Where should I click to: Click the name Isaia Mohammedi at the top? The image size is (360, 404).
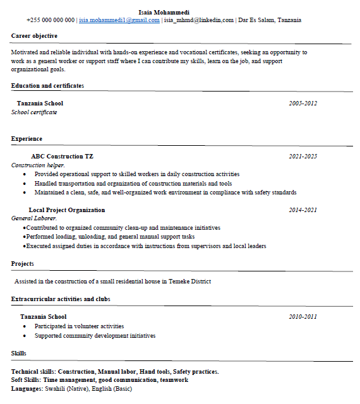(164, 12)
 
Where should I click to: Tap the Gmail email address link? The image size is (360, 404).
(119, 20)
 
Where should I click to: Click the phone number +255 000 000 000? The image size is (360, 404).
(51, 20)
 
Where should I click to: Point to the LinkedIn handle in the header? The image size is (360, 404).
(198, 20)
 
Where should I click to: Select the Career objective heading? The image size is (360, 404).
(34, 36)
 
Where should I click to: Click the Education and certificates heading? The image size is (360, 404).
(47, 85)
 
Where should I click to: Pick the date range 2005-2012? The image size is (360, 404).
(303, 103)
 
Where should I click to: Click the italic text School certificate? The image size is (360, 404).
(34, 112)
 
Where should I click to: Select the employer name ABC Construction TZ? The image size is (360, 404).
(62, 156)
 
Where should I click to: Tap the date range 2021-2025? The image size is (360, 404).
(303, 156)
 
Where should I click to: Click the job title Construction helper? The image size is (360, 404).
(37, 165)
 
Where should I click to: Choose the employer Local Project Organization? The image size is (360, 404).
(66, 210)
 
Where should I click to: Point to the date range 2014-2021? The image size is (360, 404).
(303, 210)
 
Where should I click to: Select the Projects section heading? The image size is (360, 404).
(23, 263)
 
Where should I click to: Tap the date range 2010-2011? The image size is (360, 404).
(303, 316)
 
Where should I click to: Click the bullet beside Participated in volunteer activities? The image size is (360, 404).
(25, 326)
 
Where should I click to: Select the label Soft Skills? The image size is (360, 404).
(26, 380)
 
